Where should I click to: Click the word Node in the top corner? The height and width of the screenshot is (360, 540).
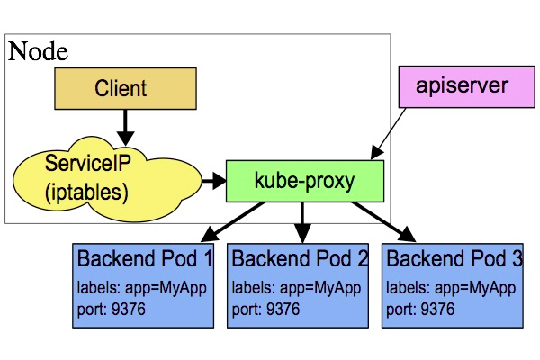coord(38,51)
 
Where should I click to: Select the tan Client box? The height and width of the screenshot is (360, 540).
coord(121,89)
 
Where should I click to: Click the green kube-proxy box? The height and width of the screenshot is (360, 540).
coord(304,181)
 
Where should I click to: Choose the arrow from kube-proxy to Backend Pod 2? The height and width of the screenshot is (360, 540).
coord(302,221)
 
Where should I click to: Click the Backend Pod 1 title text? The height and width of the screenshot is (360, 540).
coord(145,260)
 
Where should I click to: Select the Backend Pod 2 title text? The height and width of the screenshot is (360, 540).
coord(300,260)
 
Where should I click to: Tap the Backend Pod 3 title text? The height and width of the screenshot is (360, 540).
coord(454,260)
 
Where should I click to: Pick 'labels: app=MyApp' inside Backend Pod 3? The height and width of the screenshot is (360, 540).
coord(450,289)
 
